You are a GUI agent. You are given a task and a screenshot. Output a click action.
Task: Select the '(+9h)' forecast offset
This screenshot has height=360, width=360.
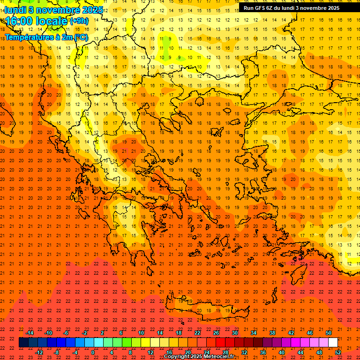78,21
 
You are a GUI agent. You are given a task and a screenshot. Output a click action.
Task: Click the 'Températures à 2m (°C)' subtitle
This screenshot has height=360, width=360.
46,37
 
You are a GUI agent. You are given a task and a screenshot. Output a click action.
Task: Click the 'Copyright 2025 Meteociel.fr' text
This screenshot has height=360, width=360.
199,357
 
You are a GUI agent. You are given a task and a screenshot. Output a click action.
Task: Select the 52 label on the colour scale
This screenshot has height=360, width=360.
338,352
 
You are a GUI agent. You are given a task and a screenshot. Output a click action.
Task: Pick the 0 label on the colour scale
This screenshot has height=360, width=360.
93,352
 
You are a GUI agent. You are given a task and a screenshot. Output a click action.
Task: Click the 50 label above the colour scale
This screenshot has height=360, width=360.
329,333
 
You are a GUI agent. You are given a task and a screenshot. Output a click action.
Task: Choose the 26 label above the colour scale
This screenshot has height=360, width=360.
216,333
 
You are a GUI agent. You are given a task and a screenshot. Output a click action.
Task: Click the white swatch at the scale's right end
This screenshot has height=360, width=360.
333,343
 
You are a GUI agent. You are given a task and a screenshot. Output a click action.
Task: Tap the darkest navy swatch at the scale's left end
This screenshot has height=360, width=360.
23,343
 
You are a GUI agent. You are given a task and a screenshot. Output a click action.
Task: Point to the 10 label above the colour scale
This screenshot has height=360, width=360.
141,333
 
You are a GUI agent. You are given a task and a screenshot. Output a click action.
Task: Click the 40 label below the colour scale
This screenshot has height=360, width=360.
282,352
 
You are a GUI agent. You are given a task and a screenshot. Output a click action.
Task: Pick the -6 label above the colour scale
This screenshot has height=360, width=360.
66,333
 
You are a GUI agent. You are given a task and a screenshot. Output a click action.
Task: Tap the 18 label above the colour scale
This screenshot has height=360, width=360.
179,333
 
